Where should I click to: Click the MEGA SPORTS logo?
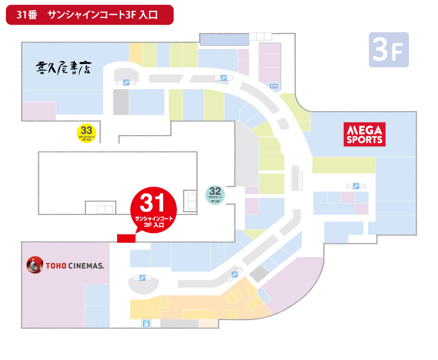click(365, 134)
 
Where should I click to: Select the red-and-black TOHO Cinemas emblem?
click(35, 266)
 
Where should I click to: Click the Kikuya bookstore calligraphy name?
click(63, 68)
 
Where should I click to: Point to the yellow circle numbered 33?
click(85, 132)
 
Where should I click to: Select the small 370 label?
click(274, 86)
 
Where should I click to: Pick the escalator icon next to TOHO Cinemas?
click(142, 278)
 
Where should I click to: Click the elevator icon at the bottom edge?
click(146, 323)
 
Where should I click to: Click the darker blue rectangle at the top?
click(223, 39)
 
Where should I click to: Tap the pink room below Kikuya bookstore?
click(39, 110)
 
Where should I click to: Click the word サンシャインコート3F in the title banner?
click(93, 15)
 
